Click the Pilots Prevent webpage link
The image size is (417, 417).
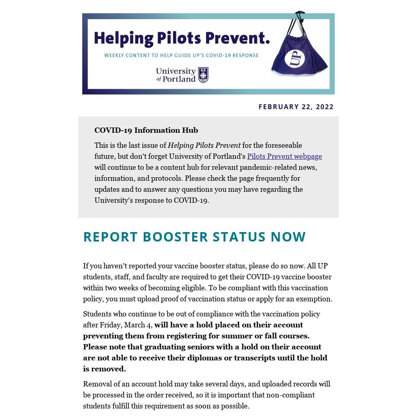[284, 156]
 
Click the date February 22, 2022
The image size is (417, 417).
[296, 107]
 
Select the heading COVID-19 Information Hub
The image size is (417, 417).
[146, 130]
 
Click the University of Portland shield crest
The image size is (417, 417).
[203, 75]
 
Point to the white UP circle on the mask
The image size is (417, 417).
[295, 59]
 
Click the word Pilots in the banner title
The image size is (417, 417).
[179, 38]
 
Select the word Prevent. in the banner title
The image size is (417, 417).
[237, 38]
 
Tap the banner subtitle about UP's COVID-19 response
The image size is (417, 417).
[181, 55]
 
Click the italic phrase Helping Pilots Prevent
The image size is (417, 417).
[204, 145]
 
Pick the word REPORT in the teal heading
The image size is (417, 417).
[110, 237]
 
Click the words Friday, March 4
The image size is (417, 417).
[126, 325]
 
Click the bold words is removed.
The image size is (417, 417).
[104, 369]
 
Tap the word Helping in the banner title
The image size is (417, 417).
[123, 38]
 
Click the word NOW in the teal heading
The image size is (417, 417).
[288, 237]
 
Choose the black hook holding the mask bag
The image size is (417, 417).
[299, 15]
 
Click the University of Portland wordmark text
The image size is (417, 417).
[176, 75]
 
